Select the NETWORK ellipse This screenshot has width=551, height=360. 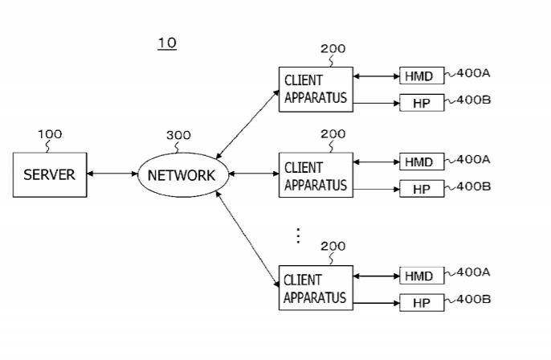[182, 175]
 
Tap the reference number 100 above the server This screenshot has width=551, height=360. [50, 134]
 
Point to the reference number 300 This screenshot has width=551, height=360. [178, 135]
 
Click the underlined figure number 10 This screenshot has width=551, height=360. [166, 43]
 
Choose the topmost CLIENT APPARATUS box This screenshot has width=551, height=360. [316, 89]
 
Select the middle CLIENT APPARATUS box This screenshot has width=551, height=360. [316, 176]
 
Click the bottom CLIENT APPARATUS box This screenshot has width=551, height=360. [316, 288]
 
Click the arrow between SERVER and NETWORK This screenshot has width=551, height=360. [112, 174]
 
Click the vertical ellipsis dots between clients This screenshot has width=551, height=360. [298, 235]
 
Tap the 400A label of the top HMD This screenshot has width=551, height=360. [473, 73]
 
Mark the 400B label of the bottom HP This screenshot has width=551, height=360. [473, 300]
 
